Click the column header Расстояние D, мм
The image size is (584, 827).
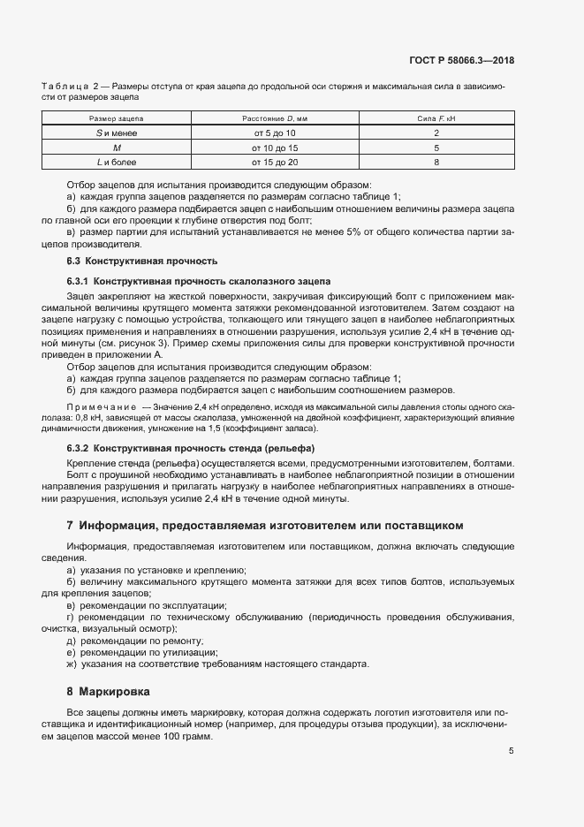274,118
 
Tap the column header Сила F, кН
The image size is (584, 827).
436,118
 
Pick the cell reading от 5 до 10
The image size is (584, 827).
274,133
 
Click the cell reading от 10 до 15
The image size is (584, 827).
275,148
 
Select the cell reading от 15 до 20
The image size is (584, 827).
275,163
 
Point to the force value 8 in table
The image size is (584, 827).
436,163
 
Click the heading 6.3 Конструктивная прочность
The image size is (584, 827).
142,262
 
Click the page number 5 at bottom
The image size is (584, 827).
512,752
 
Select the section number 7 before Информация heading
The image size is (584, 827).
70,525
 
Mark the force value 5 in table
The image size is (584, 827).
436,148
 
